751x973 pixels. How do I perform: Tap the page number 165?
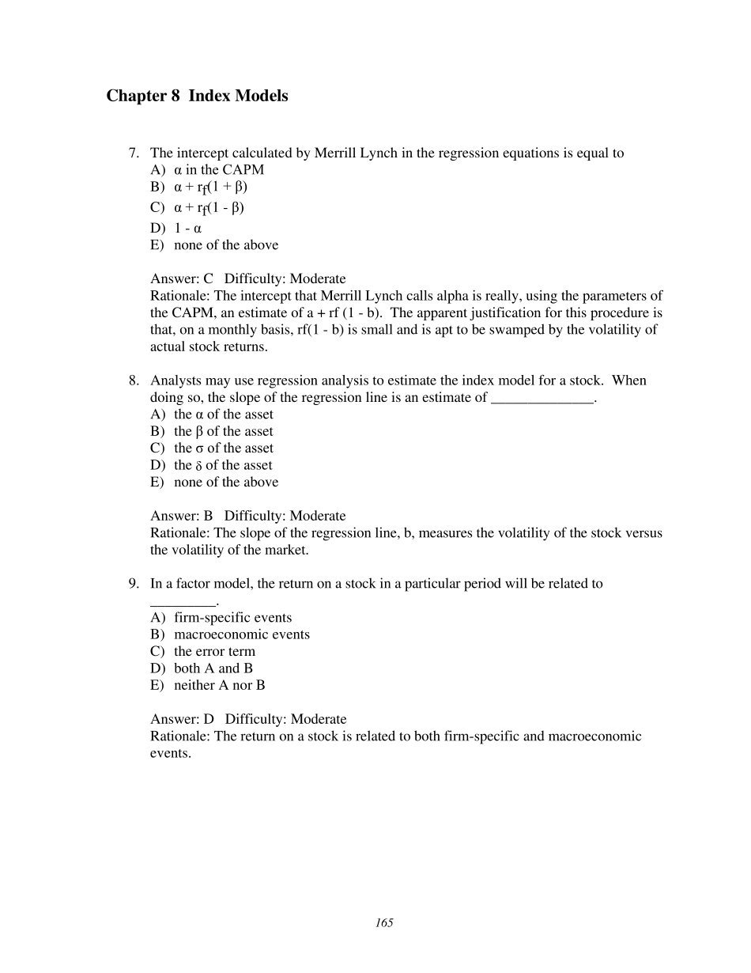[384, 923]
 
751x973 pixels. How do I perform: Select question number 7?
[134, 153]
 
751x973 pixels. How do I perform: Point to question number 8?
[134, 380]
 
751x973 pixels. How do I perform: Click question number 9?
[134, 584]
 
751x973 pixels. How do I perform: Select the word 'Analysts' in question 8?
[175, 380]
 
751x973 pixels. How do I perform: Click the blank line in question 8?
[542, 399]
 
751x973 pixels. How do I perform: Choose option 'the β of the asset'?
[223, 431]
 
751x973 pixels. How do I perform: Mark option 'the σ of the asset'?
[223, 448]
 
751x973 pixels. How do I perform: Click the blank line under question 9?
[183, 602]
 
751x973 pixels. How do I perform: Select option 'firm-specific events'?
[232, 618]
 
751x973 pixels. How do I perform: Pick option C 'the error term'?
[214, 652]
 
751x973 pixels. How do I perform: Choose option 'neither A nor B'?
[219, 685]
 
